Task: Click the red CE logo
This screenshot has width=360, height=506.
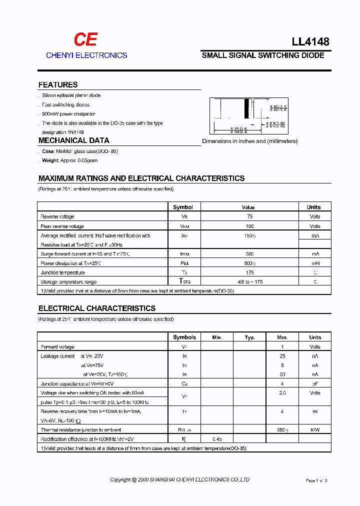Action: pos(85,39)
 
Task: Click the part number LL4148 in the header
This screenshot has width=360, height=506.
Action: pos(310,42)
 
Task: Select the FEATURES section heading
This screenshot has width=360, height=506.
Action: pos(58,85)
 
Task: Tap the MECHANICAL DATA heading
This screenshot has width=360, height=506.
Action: pos(73,140)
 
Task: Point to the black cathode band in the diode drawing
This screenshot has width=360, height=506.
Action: pos(246,108)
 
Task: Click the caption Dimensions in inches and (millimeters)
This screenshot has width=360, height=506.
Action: pos(249,141)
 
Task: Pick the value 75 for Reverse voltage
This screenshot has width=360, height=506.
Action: pos(249,216)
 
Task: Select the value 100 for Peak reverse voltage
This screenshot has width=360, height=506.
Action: pos(249,226)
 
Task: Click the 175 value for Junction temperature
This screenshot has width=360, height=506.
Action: pos(249,272)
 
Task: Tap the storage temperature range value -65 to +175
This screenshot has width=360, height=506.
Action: pos(249,282)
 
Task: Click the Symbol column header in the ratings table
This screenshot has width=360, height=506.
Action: pos(183,207)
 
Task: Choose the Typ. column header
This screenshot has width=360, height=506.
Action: pos(249,337)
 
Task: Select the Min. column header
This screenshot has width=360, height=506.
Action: pos(216,337)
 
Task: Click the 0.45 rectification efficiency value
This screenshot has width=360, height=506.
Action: pos(217,439)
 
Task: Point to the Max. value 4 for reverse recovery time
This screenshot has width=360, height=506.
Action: pos(282,411)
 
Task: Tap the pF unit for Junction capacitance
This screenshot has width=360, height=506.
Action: pos(315,383)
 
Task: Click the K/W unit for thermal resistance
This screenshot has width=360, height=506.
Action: pos(315,430)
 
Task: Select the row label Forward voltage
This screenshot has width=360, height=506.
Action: pos(57,347)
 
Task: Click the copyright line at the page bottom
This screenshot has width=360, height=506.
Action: pos(179,480)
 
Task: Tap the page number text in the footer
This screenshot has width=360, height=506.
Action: pos(316,480)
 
